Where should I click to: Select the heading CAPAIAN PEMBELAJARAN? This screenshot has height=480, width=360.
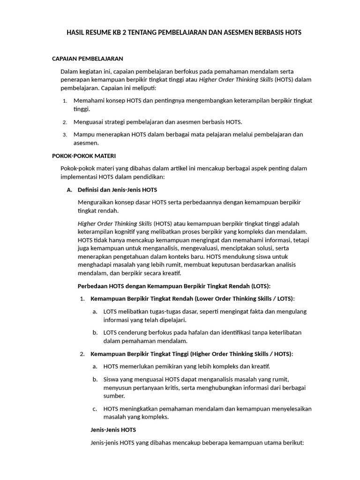(87, 59)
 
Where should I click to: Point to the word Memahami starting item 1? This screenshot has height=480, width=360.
(89, 101)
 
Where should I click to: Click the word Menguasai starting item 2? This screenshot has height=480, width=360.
(89, 122)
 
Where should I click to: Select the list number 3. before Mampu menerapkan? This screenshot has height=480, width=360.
(65, 135)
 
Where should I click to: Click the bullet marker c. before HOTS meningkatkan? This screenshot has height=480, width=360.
(95, 409)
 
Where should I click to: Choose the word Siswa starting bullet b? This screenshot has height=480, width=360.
(112, 379)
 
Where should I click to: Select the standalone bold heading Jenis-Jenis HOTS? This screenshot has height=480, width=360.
(113, 429)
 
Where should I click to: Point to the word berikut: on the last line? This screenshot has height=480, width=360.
(292, 442)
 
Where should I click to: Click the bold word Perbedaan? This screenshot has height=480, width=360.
(92, 286)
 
